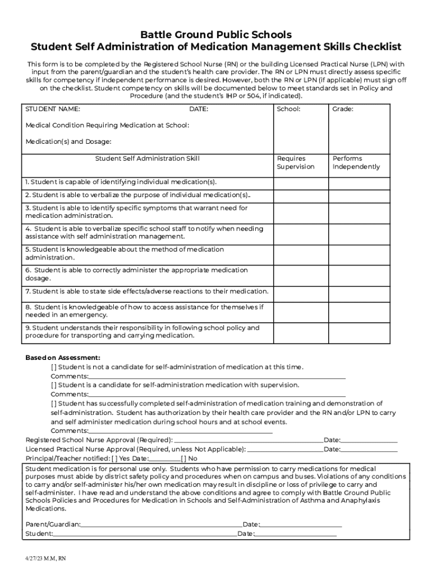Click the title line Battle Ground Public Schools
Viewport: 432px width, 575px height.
(x=216, y=35)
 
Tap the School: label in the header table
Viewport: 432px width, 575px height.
(x=288, y=109)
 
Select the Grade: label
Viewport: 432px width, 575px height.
(x=343, y=109)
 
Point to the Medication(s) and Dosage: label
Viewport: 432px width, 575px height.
(x=68, y=141)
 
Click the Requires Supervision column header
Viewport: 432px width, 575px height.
(x=296, y=163)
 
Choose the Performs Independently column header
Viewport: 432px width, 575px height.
(x=356, y=163)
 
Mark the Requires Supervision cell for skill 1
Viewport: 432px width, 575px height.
(x=300, y=182)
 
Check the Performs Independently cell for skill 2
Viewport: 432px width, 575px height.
(x=359, y=195)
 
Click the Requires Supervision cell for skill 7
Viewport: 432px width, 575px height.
(x=300, y=292)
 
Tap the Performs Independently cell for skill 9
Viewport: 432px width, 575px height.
(x=359, y=332)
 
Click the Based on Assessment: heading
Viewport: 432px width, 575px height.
(x=63, y=358)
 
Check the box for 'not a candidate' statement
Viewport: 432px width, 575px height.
(x=54, y=367)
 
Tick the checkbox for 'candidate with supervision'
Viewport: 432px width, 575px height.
(x=54, y=385)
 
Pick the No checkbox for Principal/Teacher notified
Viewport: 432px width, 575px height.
(x=184, y=458)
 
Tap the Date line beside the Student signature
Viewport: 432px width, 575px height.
(x=296, y=534)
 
